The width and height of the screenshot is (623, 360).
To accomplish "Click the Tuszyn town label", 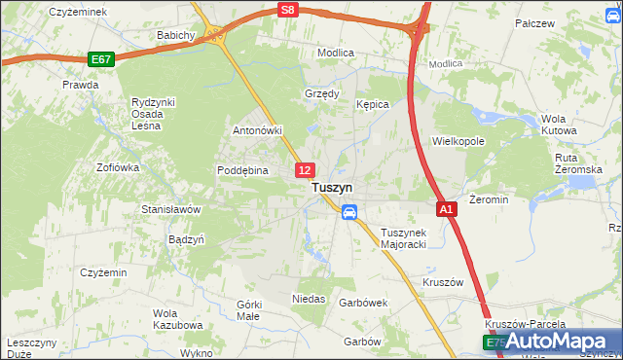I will [x=332, y=189].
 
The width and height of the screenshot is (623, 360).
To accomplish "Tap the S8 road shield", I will [x=286, y=10].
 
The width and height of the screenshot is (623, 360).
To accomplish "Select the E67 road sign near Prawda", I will [x=100, y=59].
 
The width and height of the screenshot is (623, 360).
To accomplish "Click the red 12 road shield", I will [x=305, y=170].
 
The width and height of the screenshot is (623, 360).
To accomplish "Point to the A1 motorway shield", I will [x=445, y=209].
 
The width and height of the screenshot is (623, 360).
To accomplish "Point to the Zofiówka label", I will [x=118, y=167].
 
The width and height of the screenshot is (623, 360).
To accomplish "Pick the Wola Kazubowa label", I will [x=176, y=319].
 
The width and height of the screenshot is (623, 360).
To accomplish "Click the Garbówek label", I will [x=363, y=303].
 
